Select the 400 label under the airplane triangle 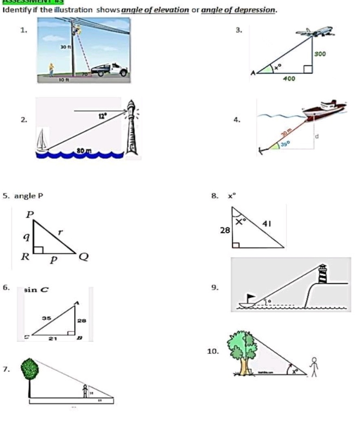[289, 79]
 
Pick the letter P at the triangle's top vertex [30, 214]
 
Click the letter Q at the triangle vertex [84, 257]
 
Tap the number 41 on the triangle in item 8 [268, 224]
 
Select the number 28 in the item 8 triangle [225, 231]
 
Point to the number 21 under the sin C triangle [53, 338]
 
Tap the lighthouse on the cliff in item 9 [323, 273]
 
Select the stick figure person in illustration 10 [314, 367]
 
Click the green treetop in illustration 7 [30, 369]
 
